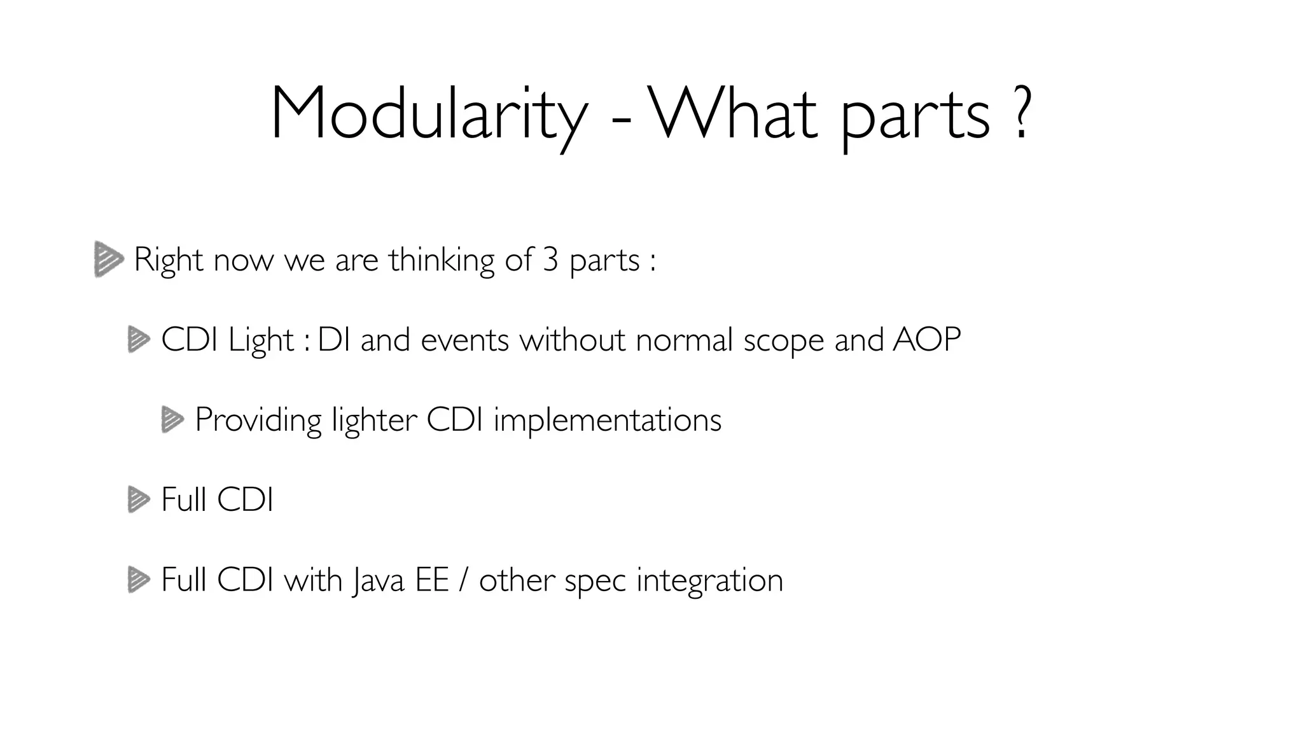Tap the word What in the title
click(x=732, y=113)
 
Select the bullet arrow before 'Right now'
click(x=108, y=259)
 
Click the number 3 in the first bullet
click(x=550, y=260)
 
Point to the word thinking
click(x=442, y=261)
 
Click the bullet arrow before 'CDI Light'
click(x=138, y=339)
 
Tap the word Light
click(x=261, y=340)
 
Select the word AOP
click(x=926, y=339)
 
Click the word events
click(x=464, y=339)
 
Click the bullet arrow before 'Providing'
click(x=172, y=420)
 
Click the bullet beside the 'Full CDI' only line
click(x=138, y=499)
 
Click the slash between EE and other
click(x=463, y=580)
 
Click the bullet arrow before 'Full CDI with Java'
click(x=138, y=580)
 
